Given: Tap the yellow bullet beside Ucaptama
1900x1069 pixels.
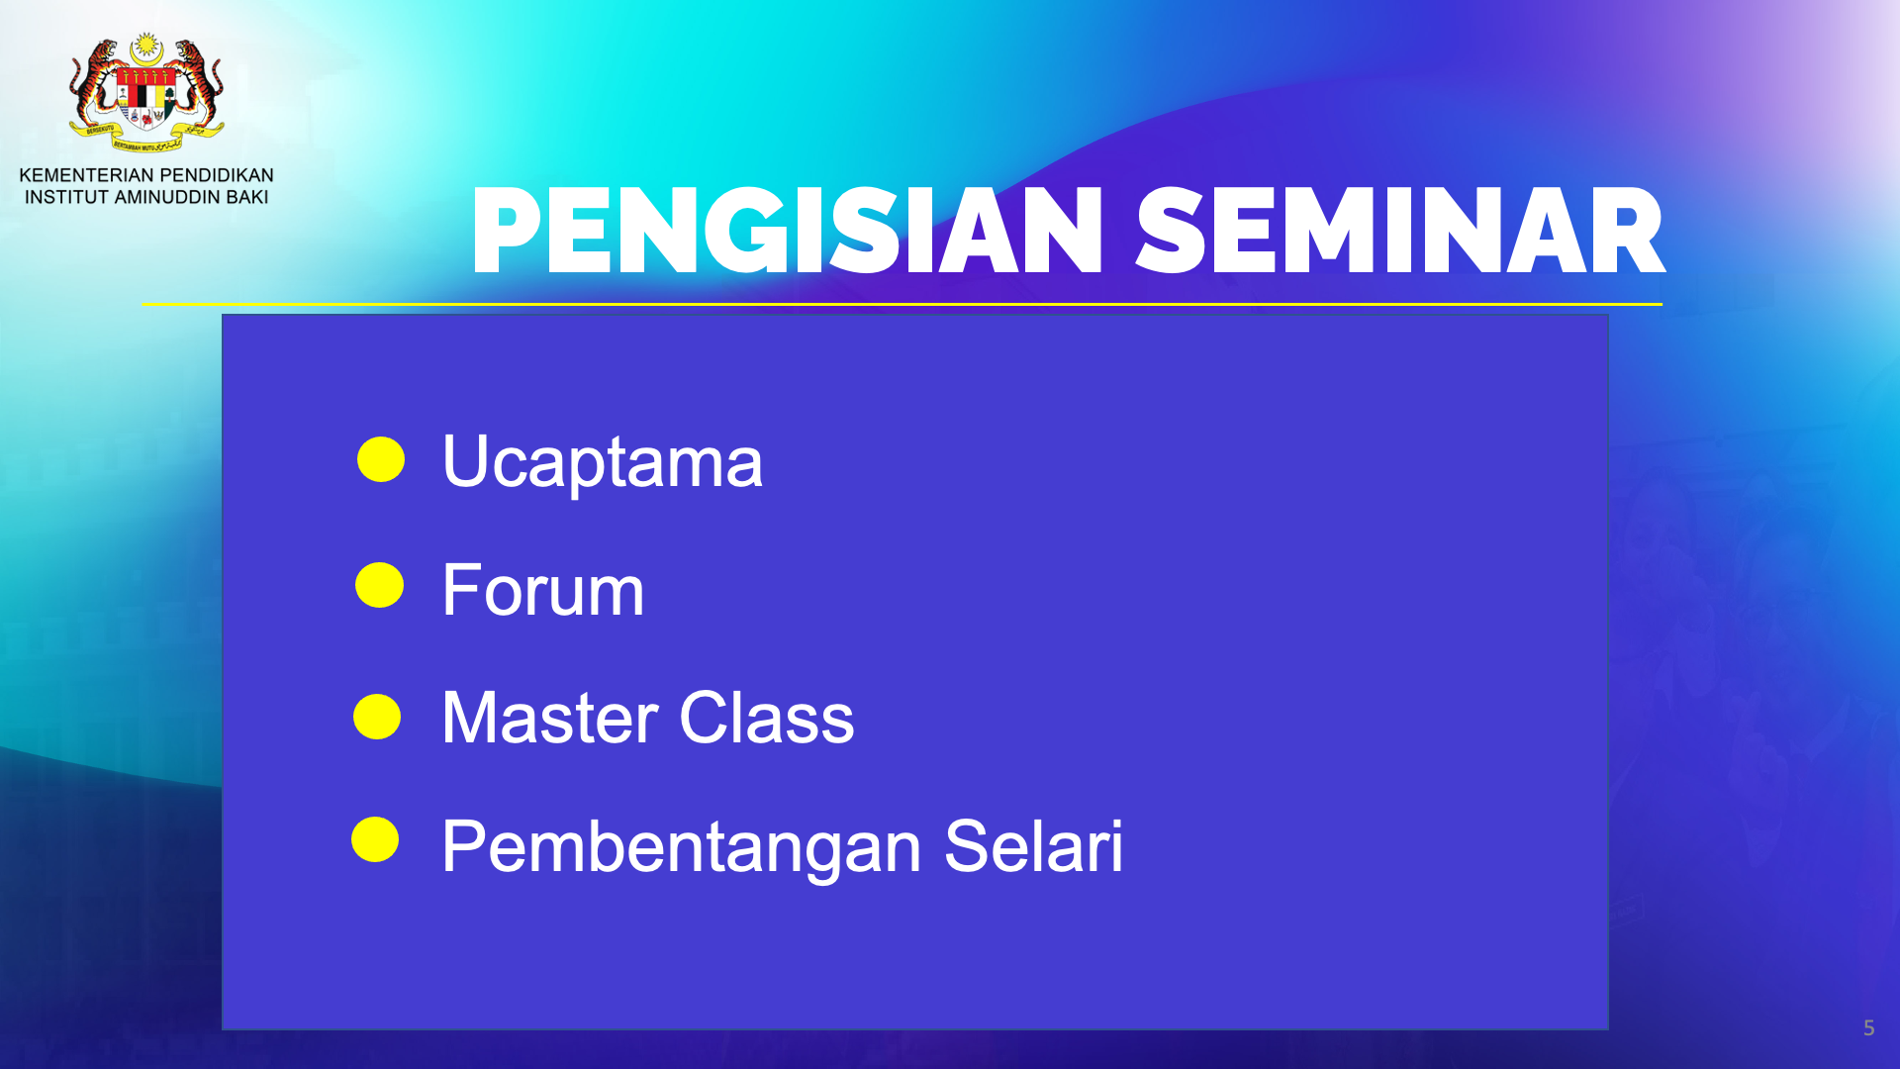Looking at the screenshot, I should [x=381, y=459].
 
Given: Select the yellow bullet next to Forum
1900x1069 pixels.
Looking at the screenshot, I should [x=380, y=585].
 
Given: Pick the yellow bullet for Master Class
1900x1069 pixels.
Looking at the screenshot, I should [x=377, y=717].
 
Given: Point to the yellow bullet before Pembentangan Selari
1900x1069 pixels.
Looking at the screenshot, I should [x=375, y=839].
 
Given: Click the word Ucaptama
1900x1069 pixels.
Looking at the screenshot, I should [x=602, y=462].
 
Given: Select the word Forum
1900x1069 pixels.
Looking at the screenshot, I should [x=542, y=590].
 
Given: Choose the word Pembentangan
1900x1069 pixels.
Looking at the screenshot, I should [x=682, y=847].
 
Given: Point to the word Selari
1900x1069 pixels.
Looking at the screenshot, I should [x=1033, y=847].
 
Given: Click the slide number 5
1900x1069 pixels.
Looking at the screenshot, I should [x=1868, y=1028].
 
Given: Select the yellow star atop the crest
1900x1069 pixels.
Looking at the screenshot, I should [x=146, y=45].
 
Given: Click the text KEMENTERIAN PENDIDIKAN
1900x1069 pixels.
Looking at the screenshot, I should [x=146, y=175].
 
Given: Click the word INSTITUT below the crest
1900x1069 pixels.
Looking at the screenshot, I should [x=66, y=197].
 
